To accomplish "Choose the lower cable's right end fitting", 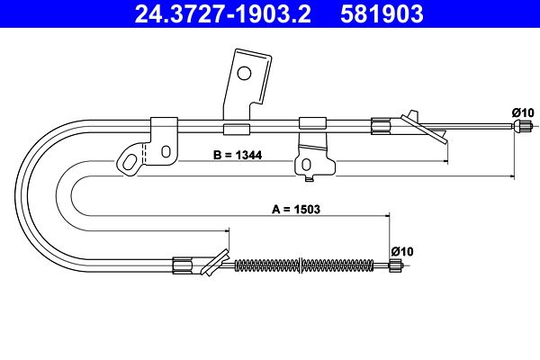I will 395,265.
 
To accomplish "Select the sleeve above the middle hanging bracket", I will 311,123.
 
